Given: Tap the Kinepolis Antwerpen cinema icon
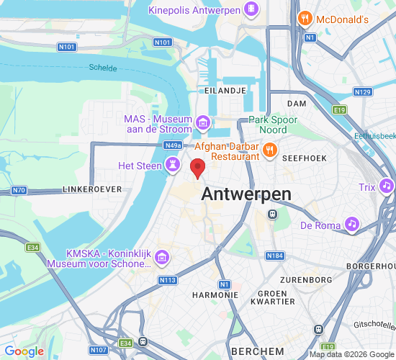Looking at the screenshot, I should point(251,9).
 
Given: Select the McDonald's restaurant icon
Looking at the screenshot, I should point(305,19).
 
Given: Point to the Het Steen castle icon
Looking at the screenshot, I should point(173,166).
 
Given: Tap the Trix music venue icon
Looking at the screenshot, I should point(387,186).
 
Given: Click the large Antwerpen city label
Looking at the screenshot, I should point(246,194).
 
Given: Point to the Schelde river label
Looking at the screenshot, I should point(103,68).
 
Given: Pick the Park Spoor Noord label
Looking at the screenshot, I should point(268,125).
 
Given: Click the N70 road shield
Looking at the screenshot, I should point(19,191).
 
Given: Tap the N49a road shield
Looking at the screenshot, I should point(173,145).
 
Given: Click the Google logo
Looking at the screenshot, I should point(24,351).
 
